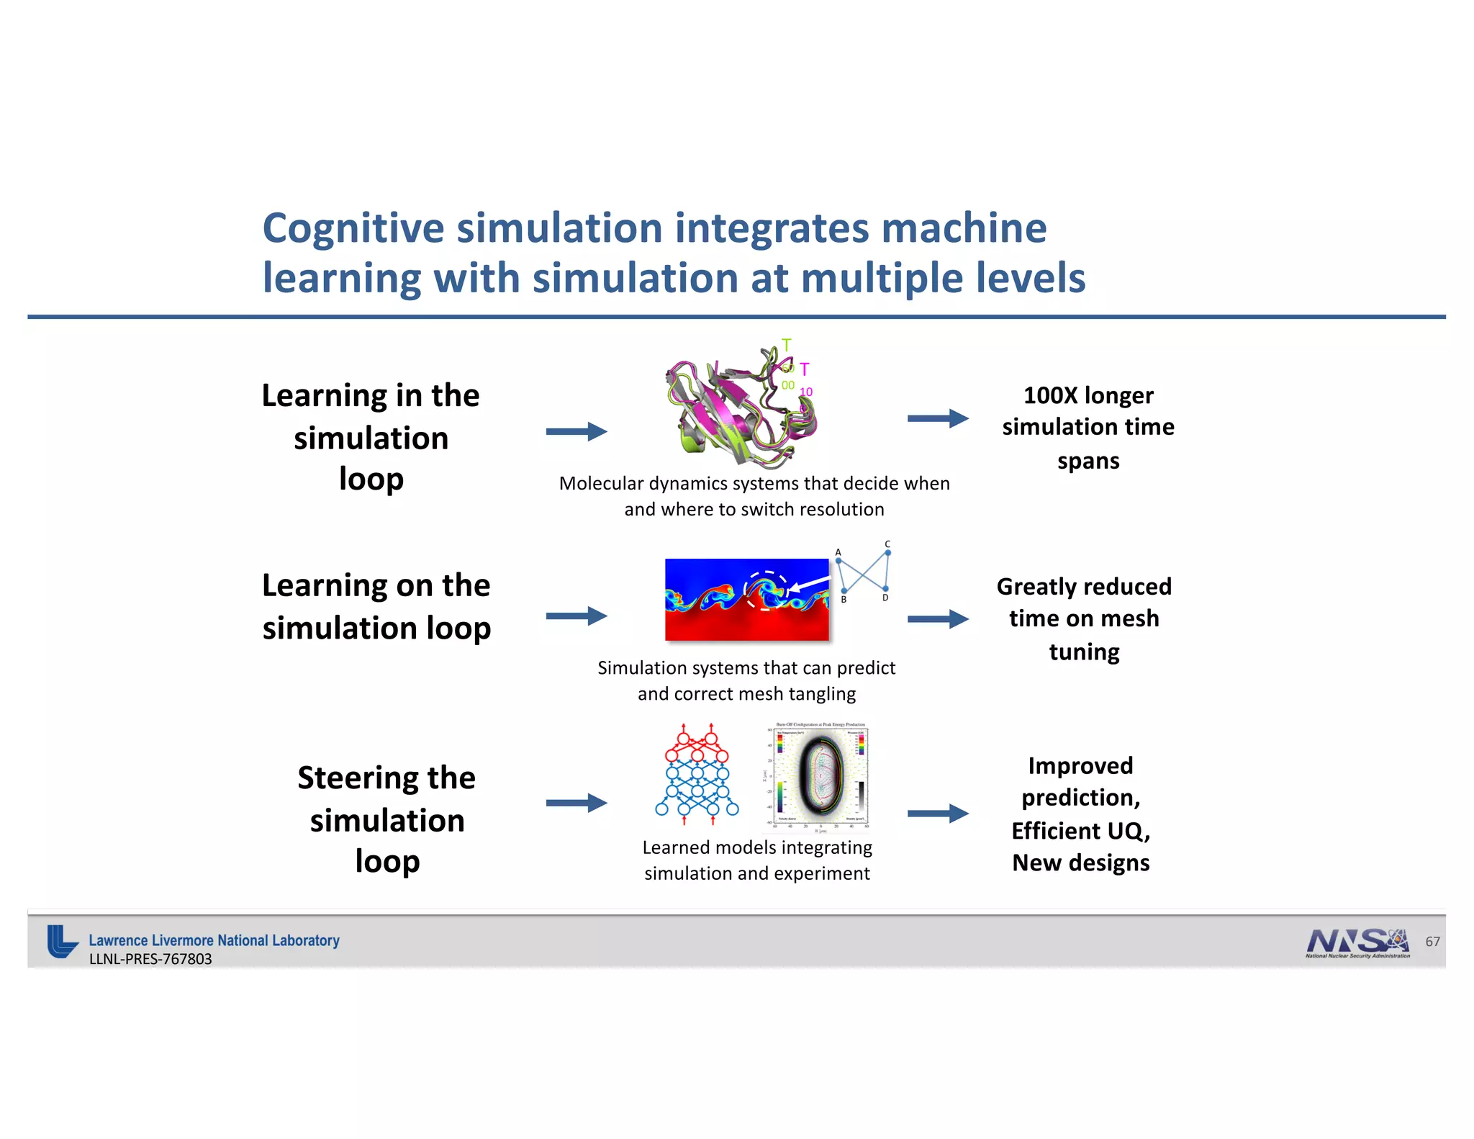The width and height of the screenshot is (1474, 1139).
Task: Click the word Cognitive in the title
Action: [x=353, y=229]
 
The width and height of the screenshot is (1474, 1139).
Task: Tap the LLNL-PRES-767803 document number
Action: [x=150, y=959]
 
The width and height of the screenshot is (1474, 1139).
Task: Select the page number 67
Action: [x=1432, y=942]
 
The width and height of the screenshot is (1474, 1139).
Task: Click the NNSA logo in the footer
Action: [x=1357, y=942]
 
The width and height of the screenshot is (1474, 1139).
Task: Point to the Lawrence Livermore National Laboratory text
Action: [x=214, y=940]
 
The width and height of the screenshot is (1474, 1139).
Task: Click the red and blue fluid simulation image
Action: [x=746, y=600]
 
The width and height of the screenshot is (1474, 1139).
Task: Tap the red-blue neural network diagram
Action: [x=697, y=774]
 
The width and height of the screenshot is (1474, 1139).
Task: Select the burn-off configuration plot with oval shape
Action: [x=821, y=776]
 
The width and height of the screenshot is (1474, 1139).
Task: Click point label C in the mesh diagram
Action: [x=887, y=544]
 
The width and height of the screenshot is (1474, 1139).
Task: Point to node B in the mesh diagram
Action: [x=844, y=591]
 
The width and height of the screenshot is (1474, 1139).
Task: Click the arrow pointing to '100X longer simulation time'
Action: [x=937, y=418]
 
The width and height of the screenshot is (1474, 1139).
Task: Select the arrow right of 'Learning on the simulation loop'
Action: [x=576, y=616]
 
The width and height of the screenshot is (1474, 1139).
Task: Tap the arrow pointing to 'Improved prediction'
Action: [x=937, y=814]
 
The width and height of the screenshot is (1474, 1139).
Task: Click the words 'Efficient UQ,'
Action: [x=1080, y=831]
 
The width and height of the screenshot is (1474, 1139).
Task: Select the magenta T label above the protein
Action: [x=805, y=369]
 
